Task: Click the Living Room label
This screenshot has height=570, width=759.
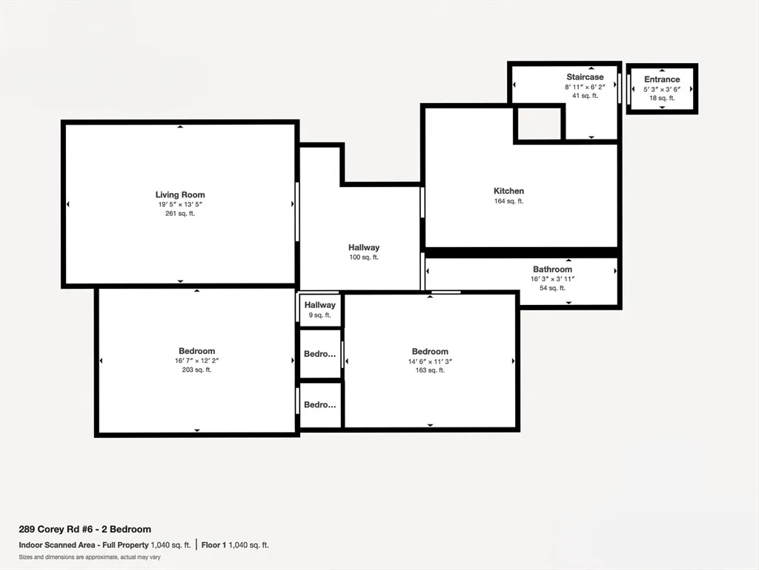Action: pos(180,195)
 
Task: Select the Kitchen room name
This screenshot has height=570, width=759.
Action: pos(508,191)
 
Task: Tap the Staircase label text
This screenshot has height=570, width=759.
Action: pos(585,77)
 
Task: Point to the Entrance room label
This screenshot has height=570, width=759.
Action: pos(661,79)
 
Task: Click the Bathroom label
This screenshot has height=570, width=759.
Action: pos(552,269)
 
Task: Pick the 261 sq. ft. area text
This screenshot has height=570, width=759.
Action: pos(180,214)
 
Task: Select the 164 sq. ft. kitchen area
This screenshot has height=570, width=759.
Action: pos(508,201)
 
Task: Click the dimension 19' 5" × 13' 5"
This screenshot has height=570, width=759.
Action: pos(180,205)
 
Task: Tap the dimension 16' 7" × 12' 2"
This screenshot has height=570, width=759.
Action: pos(196,361)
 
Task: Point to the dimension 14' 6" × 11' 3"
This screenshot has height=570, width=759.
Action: pos(430,361)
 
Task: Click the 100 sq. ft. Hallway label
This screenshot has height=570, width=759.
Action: pos(364,248)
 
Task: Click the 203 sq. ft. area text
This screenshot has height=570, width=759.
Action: pos(196,370)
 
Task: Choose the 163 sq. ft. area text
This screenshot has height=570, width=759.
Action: pos(430,370)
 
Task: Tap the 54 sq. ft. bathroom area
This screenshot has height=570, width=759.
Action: pos(552,288)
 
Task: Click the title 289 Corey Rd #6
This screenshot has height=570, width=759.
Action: pos(84,529)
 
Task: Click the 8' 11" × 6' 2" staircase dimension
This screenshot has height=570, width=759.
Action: pos(585,87)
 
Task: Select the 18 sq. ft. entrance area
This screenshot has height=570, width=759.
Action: pos(661,98)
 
